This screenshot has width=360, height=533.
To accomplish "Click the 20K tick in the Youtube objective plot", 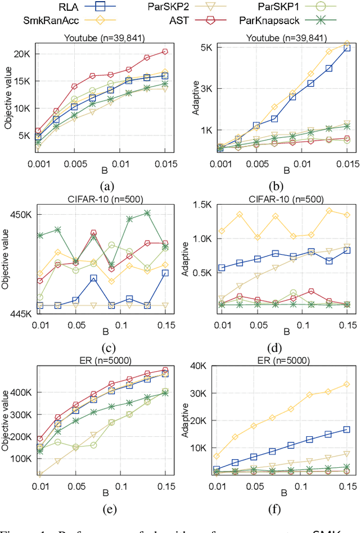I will pos(22,53).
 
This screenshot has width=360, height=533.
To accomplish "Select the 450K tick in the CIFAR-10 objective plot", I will pos(19,214).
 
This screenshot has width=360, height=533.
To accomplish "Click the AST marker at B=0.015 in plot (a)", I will pos(165,51).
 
